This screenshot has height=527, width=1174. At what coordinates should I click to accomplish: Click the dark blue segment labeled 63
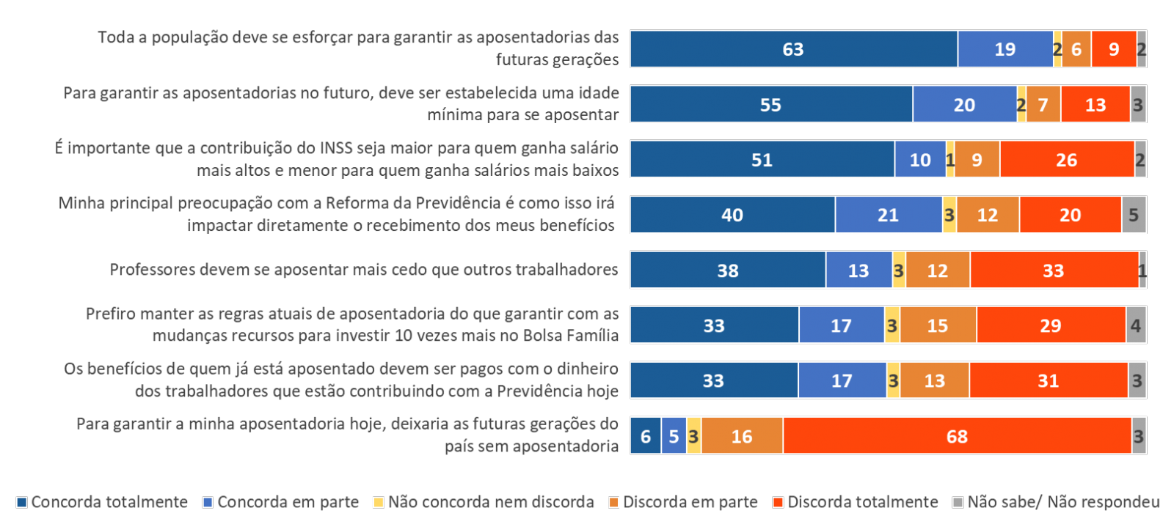793,49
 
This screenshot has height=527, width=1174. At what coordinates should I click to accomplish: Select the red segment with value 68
957,436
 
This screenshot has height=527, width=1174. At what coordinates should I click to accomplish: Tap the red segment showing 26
1067,160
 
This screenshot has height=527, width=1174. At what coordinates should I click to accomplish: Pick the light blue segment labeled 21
888,215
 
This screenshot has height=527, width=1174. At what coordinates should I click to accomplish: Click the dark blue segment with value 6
646,436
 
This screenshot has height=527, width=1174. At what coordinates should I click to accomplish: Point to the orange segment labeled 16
742,436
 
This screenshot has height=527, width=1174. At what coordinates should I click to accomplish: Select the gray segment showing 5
1134,215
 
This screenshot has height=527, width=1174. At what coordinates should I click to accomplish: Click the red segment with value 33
1054,270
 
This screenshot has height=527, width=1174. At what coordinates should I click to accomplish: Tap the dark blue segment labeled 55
770,105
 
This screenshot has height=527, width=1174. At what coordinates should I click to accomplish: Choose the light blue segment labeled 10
920,160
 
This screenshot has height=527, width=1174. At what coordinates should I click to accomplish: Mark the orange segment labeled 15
938,325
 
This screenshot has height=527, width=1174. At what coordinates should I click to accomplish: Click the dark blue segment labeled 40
732,215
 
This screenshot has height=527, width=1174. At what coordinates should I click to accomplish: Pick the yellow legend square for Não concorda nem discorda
379,503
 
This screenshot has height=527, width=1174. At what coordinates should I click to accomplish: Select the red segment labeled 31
1048,380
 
